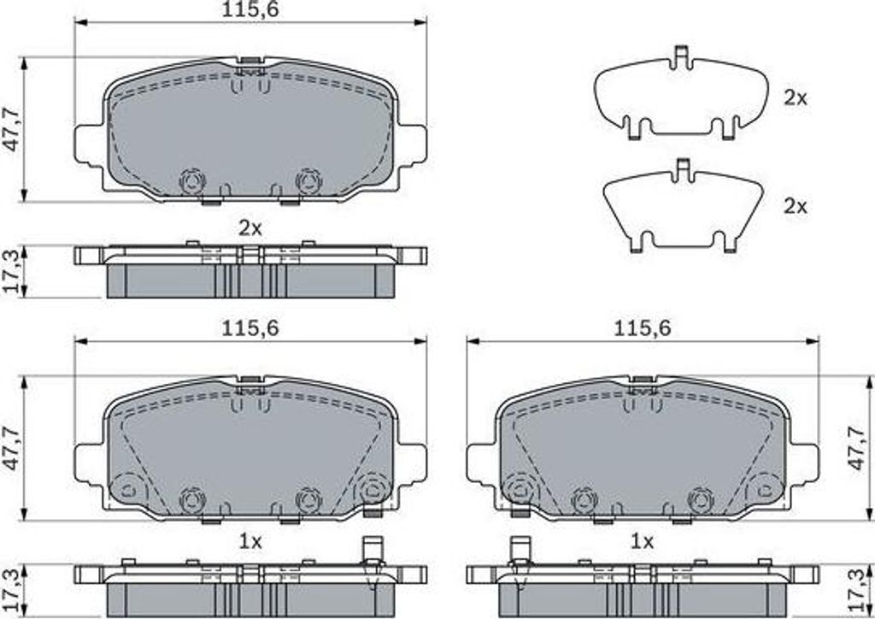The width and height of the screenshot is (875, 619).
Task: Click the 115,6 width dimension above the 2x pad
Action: [x=250, y=10]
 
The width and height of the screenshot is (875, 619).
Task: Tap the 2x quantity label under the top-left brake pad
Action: [x=250, y=227]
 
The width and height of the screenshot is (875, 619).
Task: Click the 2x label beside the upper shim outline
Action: [x=796, y=98]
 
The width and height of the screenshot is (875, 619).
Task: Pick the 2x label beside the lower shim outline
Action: [x=796, y=207]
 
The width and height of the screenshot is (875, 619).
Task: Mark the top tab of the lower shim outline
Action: [x=681, y=169]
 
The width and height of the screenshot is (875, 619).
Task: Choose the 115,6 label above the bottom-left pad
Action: [x=250, y=328]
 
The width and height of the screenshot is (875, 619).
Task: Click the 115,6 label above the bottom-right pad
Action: [x=643, y=328]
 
